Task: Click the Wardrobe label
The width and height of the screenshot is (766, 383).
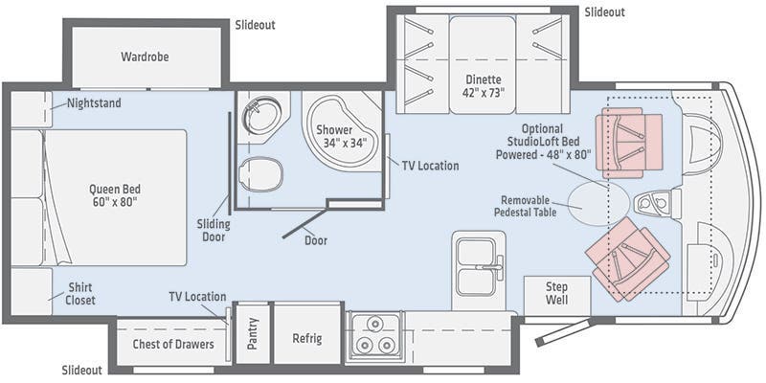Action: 145,56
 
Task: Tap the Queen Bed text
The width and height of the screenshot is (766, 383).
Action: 115,189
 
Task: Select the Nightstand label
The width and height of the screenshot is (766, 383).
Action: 94,103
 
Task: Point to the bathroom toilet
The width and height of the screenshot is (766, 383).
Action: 260,174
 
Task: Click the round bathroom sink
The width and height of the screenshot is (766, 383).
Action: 261,115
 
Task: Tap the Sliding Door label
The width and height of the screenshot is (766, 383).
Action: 214,231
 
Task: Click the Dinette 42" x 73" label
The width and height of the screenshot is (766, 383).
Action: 483,86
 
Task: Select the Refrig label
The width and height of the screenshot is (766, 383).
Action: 306,338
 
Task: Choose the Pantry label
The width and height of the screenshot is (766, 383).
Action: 252,333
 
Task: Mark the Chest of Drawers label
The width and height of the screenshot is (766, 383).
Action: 173,344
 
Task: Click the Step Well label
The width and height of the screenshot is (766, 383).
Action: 556,293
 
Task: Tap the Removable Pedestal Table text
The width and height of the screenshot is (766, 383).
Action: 525,206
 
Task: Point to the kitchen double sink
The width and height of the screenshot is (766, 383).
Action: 478,267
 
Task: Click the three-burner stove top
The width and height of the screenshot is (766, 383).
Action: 375,337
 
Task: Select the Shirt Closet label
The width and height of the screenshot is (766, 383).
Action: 80,293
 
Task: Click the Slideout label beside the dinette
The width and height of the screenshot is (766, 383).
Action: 605,12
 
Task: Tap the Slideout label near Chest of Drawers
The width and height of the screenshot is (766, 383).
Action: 82,370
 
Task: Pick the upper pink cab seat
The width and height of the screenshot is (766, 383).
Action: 629,143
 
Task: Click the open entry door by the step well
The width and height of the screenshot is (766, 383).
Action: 564,331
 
